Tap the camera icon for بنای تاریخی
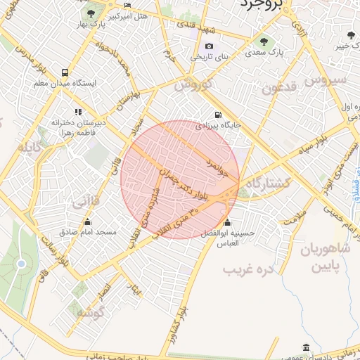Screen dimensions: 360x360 209,46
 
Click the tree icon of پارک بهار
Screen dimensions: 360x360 89,13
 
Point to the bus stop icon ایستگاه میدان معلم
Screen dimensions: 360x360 65,72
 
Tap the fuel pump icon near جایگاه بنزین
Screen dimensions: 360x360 218,115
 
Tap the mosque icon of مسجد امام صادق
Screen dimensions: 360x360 87,221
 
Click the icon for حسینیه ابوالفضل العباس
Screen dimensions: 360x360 226,223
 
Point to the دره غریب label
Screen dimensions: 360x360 247,269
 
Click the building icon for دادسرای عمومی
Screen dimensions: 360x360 304,348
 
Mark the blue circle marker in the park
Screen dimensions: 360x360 20,264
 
